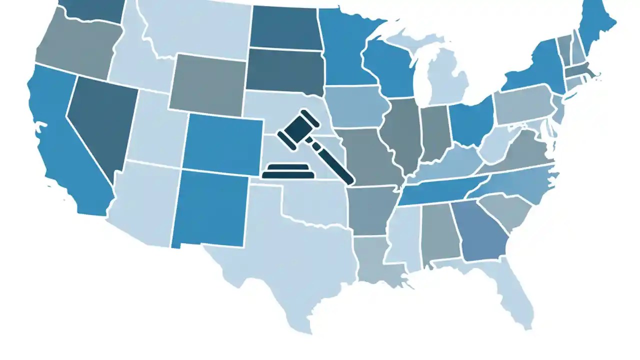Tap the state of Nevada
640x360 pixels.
(100, 125)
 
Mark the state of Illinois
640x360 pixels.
(402, 132)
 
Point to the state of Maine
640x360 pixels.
(597, 25)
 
